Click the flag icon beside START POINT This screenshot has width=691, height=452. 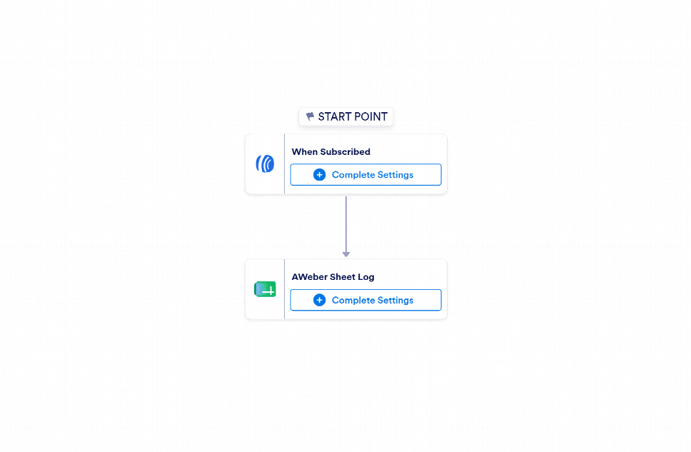311,116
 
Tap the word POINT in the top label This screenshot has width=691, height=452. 371,116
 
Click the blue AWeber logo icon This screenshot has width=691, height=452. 265,164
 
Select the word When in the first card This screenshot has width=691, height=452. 305,151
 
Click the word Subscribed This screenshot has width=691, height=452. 345,151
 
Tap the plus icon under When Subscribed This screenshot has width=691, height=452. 320,175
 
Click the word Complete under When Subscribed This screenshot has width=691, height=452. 353,175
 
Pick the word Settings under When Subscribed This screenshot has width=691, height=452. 395,175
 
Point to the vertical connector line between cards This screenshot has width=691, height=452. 346,224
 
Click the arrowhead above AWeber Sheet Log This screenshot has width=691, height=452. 346,254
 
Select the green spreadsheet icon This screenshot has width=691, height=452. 265,289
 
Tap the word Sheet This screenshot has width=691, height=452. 343,277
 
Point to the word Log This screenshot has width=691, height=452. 365,277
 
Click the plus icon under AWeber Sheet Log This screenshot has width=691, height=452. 320,300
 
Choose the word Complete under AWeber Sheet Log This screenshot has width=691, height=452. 353,301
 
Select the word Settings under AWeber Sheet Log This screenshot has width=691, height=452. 395,301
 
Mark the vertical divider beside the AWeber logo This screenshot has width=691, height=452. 284,164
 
